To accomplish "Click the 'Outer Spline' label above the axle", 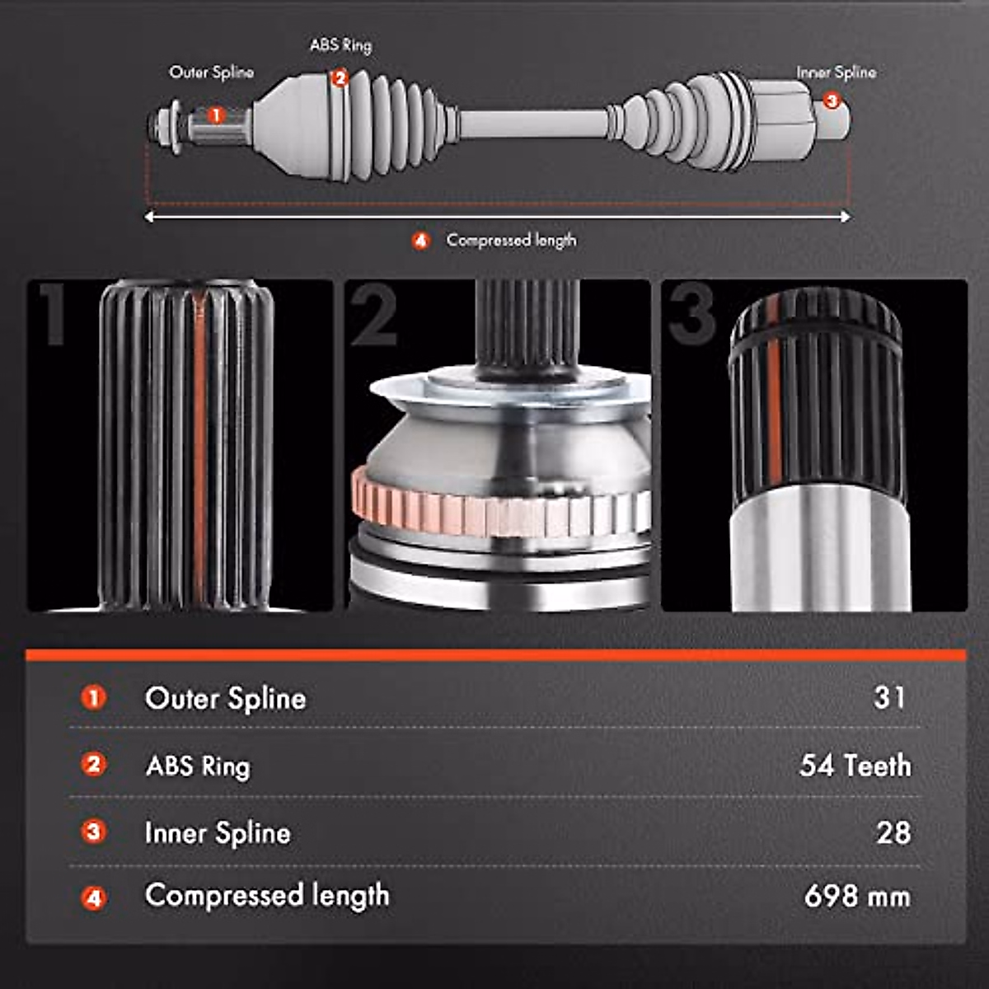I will [x=211, y=73].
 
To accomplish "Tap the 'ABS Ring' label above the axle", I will [x=340, y=45].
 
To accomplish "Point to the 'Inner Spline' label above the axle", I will [x=836, y=73].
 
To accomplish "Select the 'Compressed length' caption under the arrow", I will [x=511, y=241].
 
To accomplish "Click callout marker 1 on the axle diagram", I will [x=215, y=115].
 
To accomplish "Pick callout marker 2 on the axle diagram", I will [x=340, y=78].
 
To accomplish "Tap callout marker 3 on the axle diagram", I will [x=831, y=101].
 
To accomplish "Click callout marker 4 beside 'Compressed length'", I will [x=421, y=241].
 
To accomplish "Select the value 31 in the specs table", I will [x=889, y=697].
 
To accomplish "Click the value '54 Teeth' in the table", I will [x=855, y=766].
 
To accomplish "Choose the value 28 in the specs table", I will [x=893, y=832].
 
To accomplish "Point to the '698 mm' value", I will [x=857, y=897].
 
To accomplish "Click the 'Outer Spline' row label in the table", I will [x=225, y=699].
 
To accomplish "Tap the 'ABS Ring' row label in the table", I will [x=198, y=766].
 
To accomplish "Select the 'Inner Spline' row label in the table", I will [x=218, y=833].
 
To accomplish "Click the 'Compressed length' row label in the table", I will [x=267, y=896].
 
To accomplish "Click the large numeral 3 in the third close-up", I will [x=692, y=316].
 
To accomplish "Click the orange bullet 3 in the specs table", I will [x=94, y=832].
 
